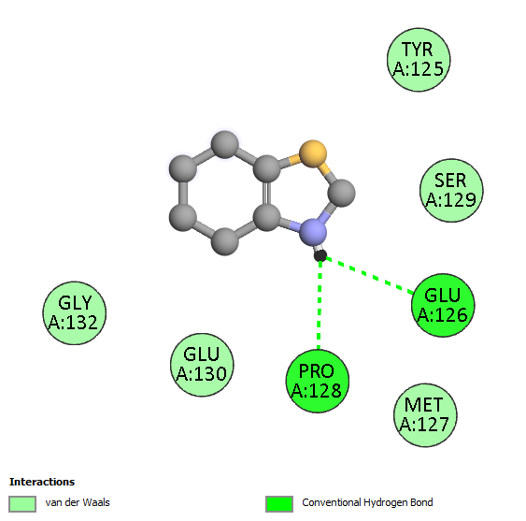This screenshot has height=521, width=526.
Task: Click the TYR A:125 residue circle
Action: tap(419, 60)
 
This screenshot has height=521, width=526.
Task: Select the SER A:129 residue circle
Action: tap(451, 191)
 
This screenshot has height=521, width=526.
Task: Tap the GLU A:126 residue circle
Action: tap(443, 305)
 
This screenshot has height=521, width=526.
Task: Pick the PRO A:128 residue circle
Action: tap(318, 382)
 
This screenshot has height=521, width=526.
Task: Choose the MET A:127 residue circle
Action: tap(425, 415)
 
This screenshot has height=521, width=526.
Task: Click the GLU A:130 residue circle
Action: tap(202, 365)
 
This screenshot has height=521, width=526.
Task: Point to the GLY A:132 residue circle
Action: tap(75, 313)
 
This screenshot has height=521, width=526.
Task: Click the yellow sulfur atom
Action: tap(313, 153)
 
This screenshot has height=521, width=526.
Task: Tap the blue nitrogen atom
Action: tap(313, 232)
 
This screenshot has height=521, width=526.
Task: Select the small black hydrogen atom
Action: tap(320, 255)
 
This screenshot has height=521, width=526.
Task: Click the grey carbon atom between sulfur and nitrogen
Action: tap(341, 193)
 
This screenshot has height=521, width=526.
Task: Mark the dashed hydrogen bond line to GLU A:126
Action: tap(369, 275)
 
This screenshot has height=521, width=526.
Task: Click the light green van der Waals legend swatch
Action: tap(22, 504)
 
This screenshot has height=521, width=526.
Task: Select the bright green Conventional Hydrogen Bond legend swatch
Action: tap(279, 504)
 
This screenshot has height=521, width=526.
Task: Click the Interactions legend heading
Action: tap(42, 482)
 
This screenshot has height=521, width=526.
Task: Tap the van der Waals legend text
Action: tap(78, 502)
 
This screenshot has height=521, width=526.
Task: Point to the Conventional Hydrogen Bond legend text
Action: tap(367, 502)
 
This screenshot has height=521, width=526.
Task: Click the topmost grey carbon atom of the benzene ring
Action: tap(225, 144)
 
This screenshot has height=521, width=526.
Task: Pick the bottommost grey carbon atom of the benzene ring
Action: tap(225, 241)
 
